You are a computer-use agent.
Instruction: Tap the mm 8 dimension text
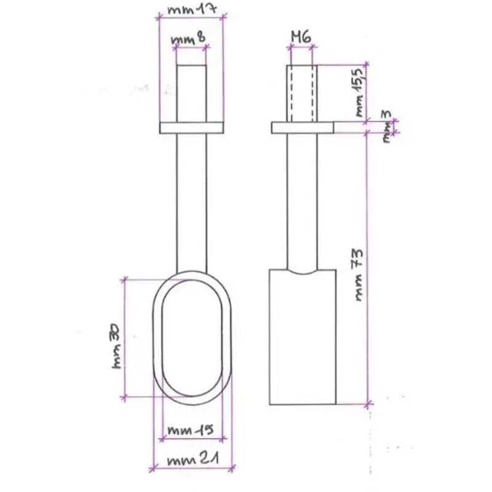tap(188, 41)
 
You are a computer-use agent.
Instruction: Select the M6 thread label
tap(301, 37)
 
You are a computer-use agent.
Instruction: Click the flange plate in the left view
tap(191, 128)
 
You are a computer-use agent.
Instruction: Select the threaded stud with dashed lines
tap(302, 93)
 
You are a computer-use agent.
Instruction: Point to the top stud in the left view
tap(191, 93)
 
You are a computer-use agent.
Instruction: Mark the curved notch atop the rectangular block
tap(303, 271)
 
